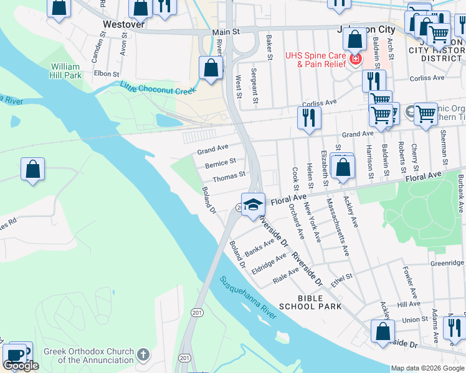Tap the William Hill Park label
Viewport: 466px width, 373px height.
(65, 71)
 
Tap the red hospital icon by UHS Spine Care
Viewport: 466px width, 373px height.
(355, 60)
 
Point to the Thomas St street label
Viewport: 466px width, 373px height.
(229, 178)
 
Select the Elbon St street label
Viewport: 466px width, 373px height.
(106, 73)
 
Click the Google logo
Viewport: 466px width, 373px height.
(21, 366)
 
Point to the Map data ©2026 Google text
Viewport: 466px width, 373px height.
(427, 368)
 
